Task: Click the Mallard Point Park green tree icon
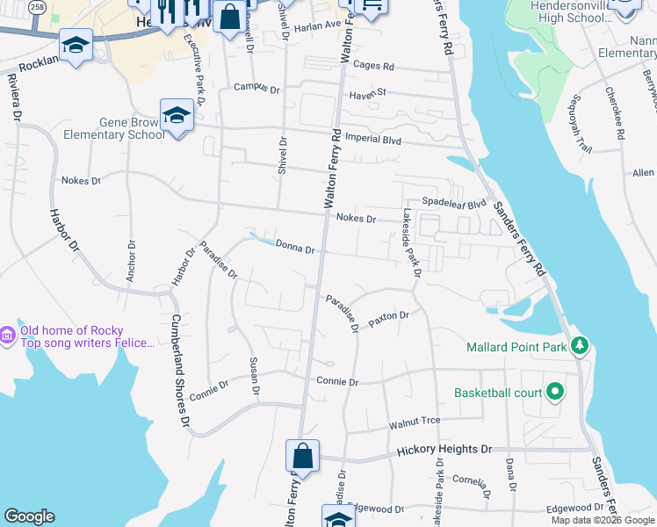pos(579,346)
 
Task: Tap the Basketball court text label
pos(497,392)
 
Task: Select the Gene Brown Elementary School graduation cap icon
pos(177,115)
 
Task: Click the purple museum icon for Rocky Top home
pos(8,335)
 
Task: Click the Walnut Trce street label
pos(415,422)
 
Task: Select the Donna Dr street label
pos(294,247)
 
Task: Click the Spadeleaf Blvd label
pos(454,202)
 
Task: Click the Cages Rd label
pos(373,66)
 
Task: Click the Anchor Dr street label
pos(131,262)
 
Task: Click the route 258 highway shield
pos(37,6)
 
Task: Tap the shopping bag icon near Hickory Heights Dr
pos(302,457)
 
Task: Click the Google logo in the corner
pos(29,516)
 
